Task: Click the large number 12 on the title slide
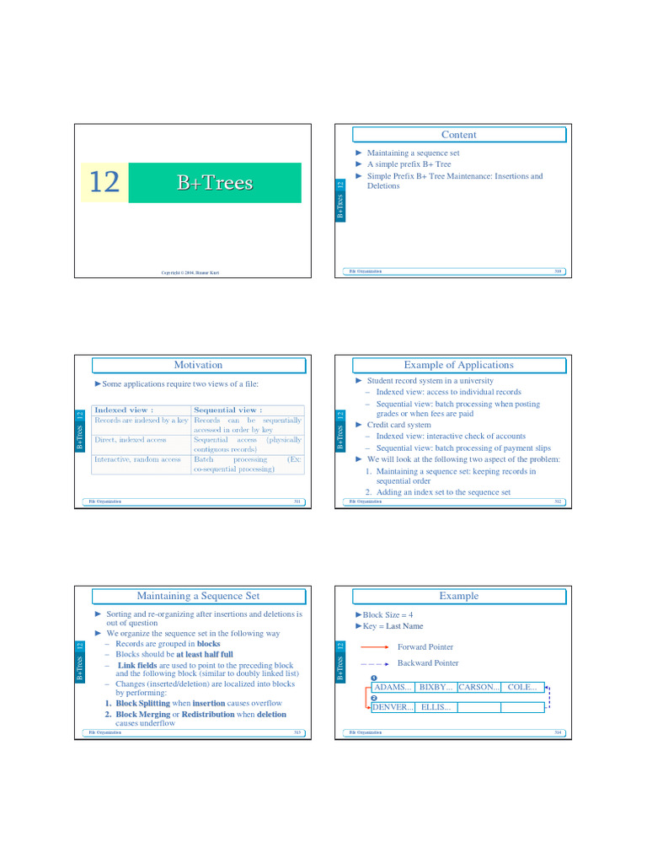pos(104,182)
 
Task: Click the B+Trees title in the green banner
pos(215,183)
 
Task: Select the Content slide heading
pos(458,135)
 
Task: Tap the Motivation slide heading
pos(198,365)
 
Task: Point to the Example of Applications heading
pos(458,365)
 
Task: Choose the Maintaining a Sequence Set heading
pos(198,596)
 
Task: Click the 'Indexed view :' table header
pos(124,410)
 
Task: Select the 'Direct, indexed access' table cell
pos(130,439)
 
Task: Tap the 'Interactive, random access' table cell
pos(137,459)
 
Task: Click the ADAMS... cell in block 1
pos(393,687)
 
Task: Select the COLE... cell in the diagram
pos(522,687)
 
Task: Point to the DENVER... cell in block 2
pos(393,707)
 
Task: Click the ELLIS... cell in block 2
pos(436,707)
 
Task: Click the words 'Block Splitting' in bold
pos(142,703)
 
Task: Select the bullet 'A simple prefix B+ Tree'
pos(409,164)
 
